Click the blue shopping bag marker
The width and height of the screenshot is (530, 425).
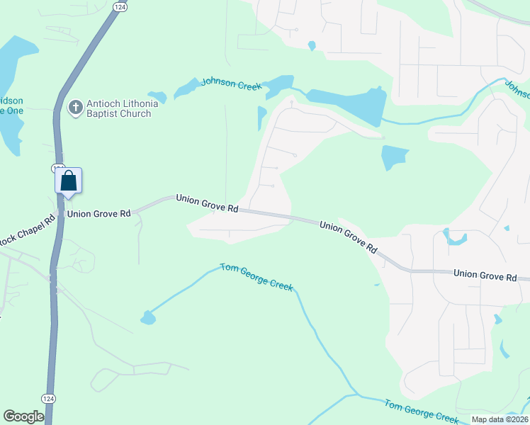click(69, 181)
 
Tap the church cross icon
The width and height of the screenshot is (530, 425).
click(74, 108)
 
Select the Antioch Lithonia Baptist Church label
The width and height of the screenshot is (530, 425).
click(118, 108)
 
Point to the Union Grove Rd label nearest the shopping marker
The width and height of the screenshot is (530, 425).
click(98, 212)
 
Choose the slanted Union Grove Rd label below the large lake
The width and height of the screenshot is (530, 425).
click(348, 236)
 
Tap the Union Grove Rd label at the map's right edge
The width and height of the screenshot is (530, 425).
click(485, 273)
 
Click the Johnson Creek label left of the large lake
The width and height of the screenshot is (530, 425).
click(231, 84)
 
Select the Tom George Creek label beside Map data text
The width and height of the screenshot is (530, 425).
click(422, 411)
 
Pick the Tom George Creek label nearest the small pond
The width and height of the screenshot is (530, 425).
click(256, 276)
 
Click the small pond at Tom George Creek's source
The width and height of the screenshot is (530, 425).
click(147, 318)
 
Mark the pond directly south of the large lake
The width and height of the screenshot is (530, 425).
click(394, 157)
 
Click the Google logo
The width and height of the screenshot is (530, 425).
click(23, 416)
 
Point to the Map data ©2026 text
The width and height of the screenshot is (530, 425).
click(500, 419)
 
